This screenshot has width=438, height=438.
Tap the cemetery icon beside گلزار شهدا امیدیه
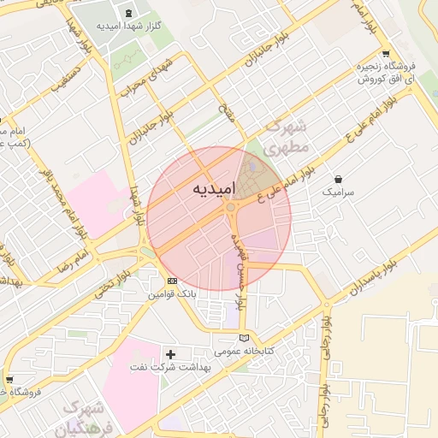pos(129,13)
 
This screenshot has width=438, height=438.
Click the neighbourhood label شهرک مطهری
pos(286,138)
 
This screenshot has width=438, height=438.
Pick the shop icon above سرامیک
pos(340,180)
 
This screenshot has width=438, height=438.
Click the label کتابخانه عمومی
pos(244,351)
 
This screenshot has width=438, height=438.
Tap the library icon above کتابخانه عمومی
pos(245,337)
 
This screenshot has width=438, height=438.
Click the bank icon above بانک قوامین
pos(172,281)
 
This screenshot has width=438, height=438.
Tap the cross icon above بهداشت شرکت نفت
pos(170,353)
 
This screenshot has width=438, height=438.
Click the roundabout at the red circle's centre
pos(230,208)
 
